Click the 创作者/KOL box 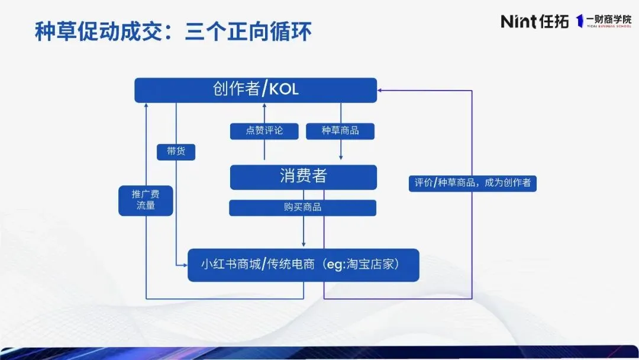coord(256,90)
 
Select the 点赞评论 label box coord(264,131)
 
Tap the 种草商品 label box coord(340,131)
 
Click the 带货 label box coord(176,152)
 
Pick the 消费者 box coord(303,176)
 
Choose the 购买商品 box coord(303,207)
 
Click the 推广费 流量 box coord(146,200)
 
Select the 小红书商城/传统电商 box coord(303,265)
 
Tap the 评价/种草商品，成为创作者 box coord(472,183)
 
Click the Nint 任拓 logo coord(534,21)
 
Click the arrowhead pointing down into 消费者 coord(341,157)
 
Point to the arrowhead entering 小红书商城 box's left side coord(184,265)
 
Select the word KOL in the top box coord(284,90)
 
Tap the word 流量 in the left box coord(146,206)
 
